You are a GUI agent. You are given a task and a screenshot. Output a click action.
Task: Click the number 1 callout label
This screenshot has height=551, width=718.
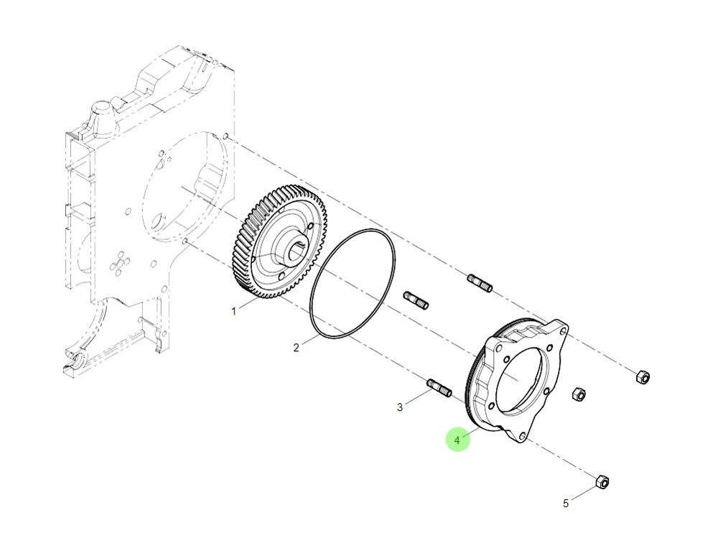point(233,311)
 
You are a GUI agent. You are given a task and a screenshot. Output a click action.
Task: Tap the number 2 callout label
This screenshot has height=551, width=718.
point(296,348)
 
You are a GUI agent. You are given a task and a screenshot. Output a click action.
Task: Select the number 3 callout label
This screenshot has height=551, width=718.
point(400,407)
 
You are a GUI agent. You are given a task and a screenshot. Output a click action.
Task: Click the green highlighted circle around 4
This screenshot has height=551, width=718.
point(457,440)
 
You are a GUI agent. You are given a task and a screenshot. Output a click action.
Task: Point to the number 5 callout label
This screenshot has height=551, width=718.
point(566,504)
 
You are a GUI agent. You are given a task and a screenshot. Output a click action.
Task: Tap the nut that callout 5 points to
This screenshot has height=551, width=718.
point(602,481)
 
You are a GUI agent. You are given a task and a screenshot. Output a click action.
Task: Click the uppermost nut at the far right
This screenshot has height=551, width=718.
point(643,376)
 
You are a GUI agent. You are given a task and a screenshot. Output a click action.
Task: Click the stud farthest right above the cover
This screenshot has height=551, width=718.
point(480,283)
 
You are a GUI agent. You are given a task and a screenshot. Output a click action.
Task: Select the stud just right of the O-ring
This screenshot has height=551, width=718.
point(416,300)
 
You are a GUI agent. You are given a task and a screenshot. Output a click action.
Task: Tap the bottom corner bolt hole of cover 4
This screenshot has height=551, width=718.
point(521,434)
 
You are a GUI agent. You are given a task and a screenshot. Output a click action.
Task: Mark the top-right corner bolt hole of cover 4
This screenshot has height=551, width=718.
point(561,333)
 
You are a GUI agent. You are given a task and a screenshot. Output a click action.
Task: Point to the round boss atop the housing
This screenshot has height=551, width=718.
point(98,116)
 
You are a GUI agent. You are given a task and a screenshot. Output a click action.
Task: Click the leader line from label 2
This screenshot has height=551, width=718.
point(309,341)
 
